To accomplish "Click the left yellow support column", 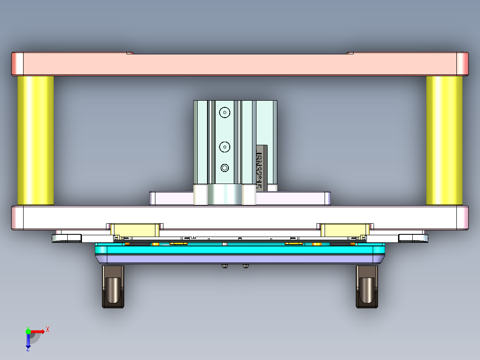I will click(x=36, y=140).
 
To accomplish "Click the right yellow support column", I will click(x=444, y=140).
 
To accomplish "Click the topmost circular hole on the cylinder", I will click(x=225, y=112).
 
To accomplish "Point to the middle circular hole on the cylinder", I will click(x=225, y=146).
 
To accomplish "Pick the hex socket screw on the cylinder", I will click(x=225, y=168).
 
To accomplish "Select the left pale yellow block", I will click(x=135, y=230).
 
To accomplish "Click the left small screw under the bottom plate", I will click(x=224, y=266).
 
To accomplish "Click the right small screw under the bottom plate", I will click(x=246, y=266).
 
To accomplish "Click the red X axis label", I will click(x=48, y=329).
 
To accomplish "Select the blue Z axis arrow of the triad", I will click(x=28, y=341).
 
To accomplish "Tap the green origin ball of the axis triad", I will click(x=28, y=331).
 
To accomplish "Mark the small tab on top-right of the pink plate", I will click(x=350, y=53).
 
